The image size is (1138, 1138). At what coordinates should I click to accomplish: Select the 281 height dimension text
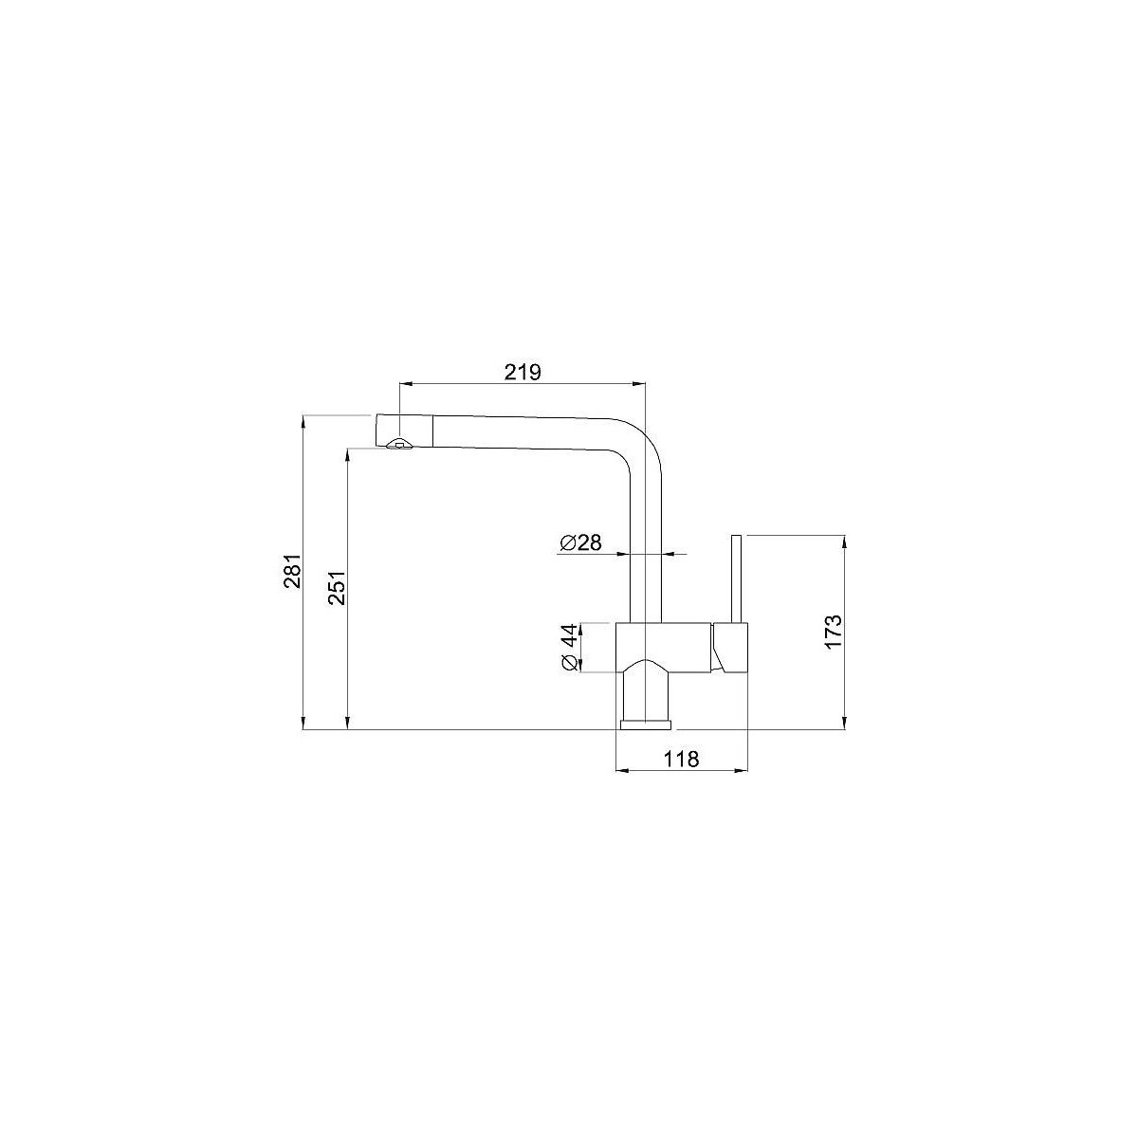(x=293, y=571)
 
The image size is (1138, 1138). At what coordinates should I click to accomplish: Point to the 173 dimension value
(x=833, y=632)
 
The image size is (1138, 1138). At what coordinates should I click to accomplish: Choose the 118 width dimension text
(x=681, y=759)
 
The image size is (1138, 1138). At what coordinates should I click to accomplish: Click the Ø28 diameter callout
(x=580, y=542)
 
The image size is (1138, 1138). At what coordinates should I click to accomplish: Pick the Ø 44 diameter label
(x=569, y=648)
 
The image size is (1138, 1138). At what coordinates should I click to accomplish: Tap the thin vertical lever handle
(x=736, y=578)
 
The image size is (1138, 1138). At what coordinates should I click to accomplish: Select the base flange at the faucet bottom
(x=647, y=725)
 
